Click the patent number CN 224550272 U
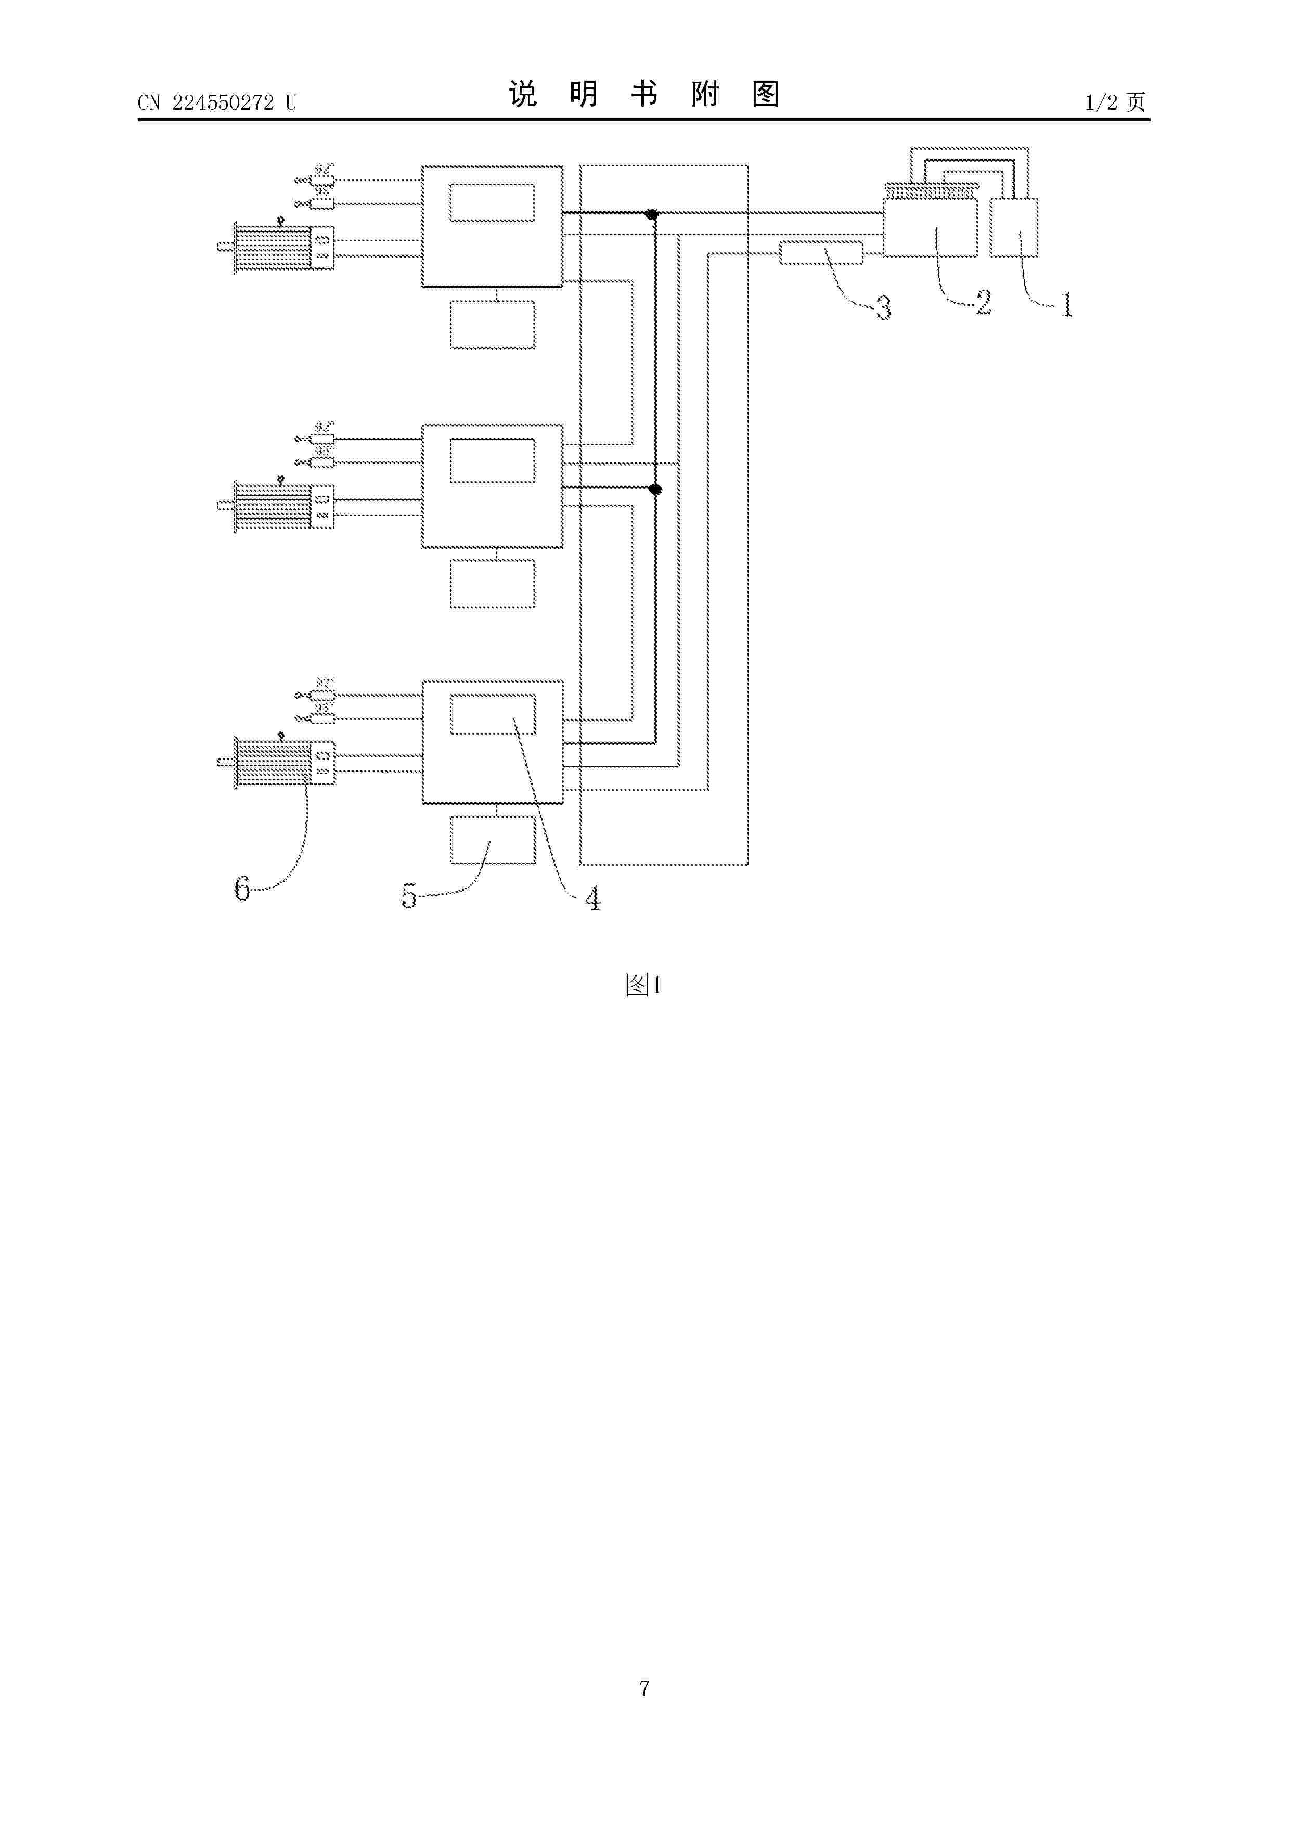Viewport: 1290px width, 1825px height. (x=217, y=102)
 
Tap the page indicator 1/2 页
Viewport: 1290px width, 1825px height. (x=1115, y=102)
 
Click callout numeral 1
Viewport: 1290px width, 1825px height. (x=1067, y=304)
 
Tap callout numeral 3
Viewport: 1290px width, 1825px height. (x=883, y=307)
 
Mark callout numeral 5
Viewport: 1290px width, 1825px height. (x=408, y=896)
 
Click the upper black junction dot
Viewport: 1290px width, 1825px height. (x=652, y=214)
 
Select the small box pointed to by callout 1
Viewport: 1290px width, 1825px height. (x=1014, y=227)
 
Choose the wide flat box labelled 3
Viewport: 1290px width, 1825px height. (x=821, y=253)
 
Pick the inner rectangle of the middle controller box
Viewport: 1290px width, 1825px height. (x=492, y=461)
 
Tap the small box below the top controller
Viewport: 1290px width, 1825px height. (x=492, y=324)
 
